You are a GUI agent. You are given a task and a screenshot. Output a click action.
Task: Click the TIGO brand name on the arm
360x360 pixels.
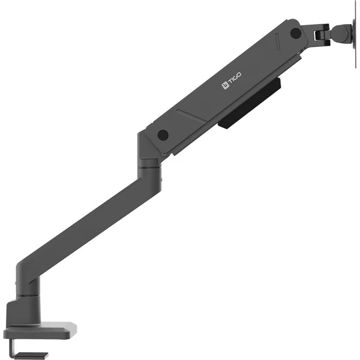click(235, 79)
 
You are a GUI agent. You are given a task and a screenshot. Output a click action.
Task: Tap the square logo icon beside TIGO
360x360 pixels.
click(225, 86)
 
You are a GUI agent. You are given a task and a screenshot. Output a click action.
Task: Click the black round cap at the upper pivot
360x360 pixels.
click(296, 33)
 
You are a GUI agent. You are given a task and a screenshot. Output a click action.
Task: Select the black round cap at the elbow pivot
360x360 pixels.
click(163, 135)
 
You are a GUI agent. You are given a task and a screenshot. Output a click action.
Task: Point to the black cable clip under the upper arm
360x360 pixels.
click(250, 103)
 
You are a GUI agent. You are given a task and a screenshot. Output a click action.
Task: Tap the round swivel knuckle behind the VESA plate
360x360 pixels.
click(341, 32)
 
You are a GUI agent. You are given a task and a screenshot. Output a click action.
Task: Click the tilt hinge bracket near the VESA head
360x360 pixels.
click(322, 34)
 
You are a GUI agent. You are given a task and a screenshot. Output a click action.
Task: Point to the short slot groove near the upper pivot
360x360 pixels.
click(278, 42)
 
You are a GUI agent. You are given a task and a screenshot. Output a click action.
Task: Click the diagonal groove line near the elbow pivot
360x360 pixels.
click(192, 116)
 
